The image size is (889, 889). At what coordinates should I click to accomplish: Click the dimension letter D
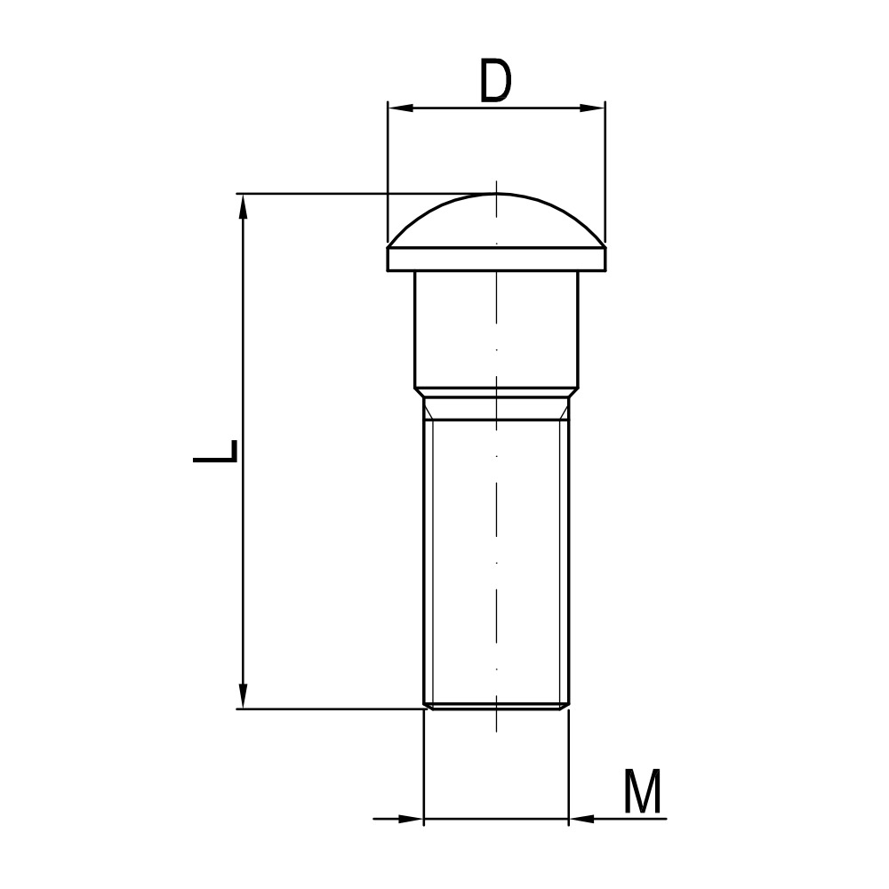pos(496,82)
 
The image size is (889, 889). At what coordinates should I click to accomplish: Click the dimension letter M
pos(642,793)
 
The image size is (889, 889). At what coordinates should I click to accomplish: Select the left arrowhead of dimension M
pos(411,819)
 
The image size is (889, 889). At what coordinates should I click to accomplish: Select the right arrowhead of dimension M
pos(581,819)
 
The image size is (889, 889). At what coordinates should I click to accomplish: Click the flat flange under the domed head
pos(496,259)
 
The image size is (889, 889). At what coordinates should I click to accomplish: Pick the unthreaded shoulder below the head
pos(496,329)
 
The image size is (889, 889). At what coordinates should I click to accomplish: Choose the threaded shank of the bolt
pos(496,560)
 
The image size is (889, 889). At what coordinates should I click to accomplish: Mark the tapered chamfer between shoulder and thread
pos(496,393)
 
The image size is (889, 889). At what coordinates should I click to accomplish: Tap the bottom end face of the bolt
pos(496,708)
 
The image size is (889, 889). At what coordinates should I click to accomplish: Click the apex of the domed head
pos(496,194)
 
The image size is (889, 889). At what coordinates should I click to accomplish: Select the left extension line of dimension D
pos(388,169)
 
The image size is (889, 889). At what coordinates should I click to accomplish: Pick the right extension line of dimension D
pos(605,169)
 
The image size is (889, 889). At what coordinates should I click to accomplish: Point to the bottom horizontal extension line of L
pos(329,709)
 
